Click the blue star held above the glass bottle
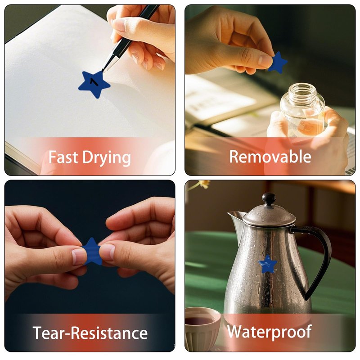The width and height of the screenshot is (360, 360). [278, 63]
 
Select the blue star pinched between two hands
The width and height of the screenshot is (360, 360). [92, 252]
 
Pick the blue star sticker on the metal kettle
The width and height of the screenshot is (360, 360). [267, 264]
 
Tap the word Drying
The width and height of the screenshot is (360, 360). [107, 158]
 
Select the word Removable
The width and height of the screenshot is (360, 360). [270, 157]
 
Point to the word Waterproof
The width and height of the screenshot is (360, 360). [270, 332]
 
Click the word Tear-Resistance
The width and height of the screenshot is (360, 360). [90, 333]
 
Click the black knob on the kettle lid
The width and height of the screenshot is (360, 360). [269, 199]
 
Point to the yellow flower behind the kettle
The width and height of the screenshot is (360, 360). [204, 184]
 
